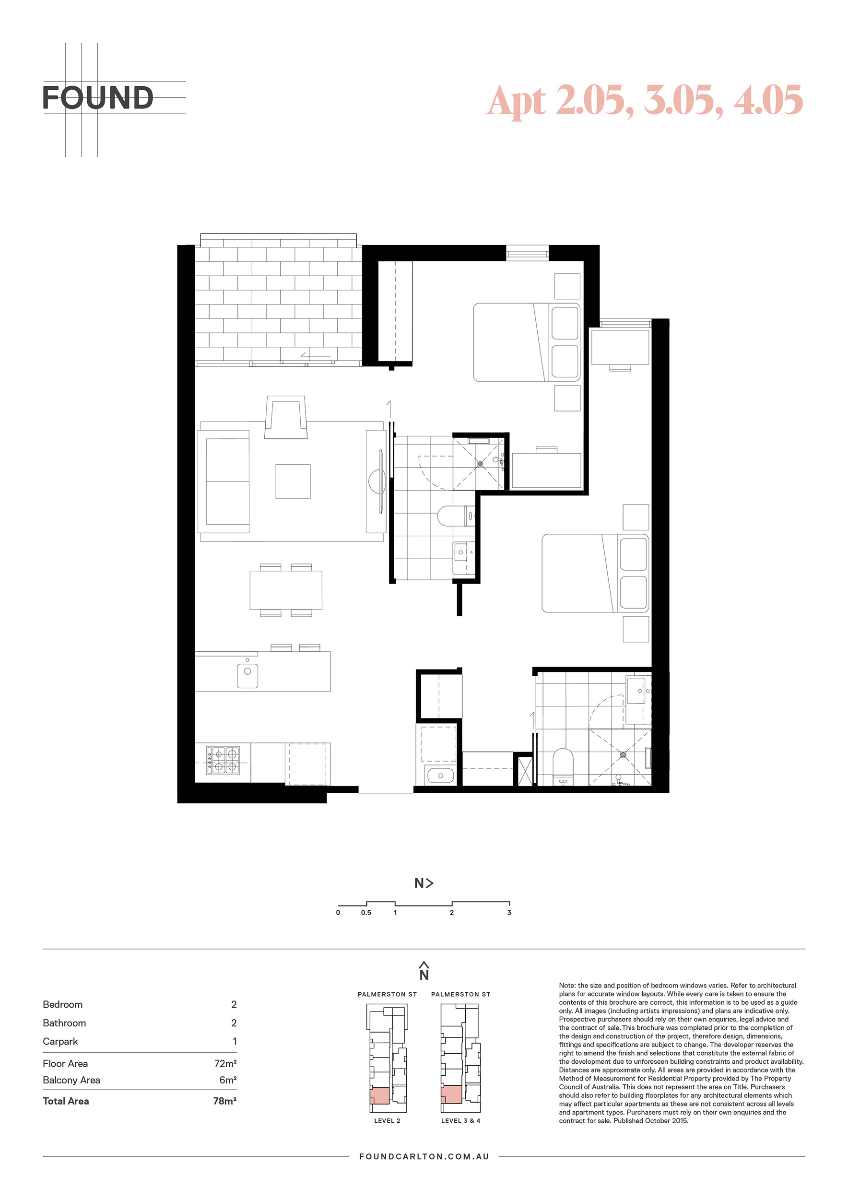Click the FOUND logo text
pyautogui.click(x=98, y=98)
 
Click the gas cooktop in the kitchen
pyautogui.click(x=223, y=760)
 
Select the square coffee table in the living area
pyautogui.click(x=293, y=481)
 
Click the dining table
pyautogui.click(x=286, y=590)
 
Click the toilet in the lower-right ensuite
pyautogui.click(x=563, y=766)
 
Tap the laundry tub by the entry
pyautogui.click(x=440, y=776)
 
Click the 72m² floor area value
pyautogui.click(x=225, y=1063)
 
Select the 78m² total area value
pyautogui.click(x=224, y=1101)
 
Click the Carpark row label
pyautogui.click(x=60, y=1041)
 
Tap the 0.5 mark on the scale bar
pyautogui.click(x=366, y=912)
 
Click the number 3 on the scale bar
pyautogui.click(x=509, y=912)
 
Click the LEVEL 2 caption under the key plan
pyautogui.click(x=387, y=1121)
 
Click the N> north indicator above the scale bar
pyautogui.click(x=424, y=883)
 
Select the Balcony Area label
pyautogui.click(x=71, y=1080)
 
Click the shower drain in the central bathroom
pyautogui.click(x=480, y=463)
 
